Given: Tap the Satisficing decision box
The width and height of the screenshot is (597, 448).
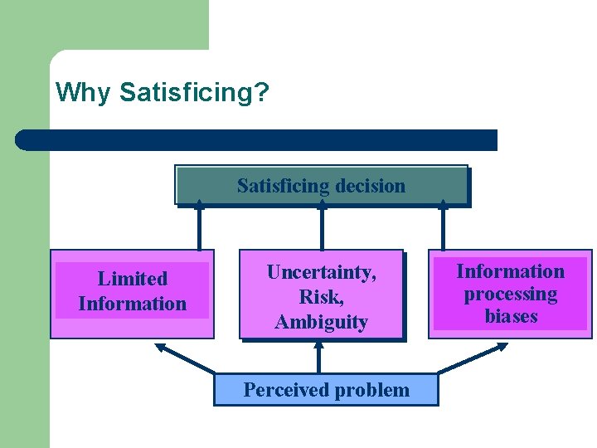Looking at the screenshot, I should coord(321,185).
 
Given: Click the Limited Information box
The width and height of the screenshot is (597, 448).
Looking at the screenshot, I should coord(132,293).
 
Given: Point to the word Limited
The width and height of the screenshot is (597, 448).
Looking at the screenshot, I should coord(132,279).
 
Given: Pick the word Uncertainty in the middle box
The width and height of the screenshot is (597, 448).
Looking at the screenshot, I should coord(321,272).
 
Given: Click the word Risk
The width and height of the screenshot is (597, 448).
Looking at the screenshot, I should coord(321,297).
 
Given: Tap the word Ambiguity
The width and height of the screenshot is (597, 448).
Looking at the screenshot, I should coord(321,322).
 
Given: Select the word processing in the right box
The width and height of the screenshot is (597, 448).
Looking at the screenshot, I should coord(510,295).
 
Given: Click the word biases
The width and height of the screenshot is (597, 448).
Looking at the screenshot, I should coord(510,316).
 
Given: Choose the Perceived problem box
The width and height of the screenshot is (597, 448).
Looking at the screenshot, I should coord(326,390).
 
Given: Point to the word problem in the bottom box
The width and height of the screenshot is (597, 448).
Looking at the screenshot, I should coord(371,390).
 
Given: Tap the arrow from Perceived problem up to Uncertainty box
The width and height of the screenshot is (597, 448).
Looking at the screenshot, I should coord(318,358).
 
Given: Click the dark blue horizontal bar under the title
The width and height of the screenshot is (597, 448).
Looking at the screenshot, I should coord(257,139).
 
